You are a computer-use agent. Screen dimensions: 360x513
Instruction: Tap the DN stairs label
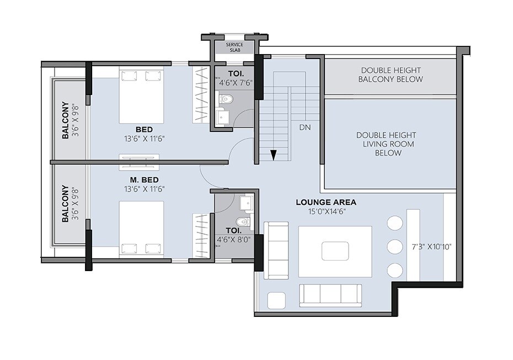tap(305, 128)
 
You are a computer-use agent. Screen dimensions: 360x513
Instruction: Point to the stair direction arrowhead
tap(272, 156)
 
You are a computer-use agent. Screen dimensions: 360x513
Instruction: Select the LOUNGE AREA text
tap(326, 202)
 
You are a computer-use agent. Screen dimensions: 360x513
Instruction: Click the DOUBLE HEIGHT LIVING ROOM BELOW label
tap(386, 144)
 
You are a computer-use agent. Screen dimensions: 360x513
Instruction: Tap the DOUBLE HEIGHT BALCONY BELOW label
tap(391, 75)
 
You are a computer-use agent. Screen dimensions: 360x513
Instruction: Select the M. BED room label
tap(141, 180)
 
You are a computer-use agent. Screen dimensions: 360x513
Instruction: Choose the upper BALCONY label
tap(66, 120)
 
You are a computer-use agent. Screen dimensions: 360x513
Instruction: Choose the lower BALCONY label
tap(66, 203)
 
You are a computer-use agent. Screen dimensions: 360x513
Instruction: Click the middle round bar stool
tap(394, 246)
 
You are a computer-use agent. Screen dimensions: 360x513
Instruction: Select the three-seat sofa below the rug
tap(330, 295)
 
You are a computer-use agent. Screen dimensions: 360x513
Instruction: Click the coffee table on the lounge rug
tap(335, 250)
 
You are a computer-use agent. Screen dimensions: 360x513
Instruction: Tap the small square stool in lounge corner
tap(275, 300)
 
